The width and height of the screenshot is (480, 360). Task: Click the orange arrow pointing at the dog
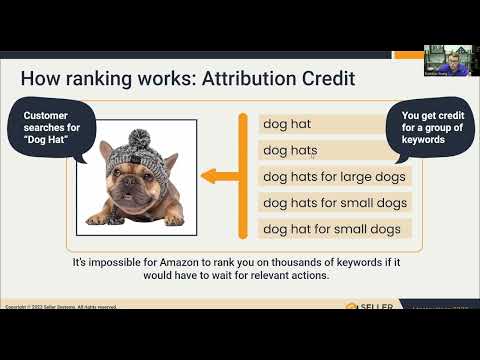(x=222, y=177)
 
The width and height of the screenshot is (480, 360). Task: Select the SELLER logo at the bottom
(x=371, y=306)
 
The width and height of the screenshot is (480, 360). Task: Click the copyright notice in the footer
(x=60, y=306)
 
